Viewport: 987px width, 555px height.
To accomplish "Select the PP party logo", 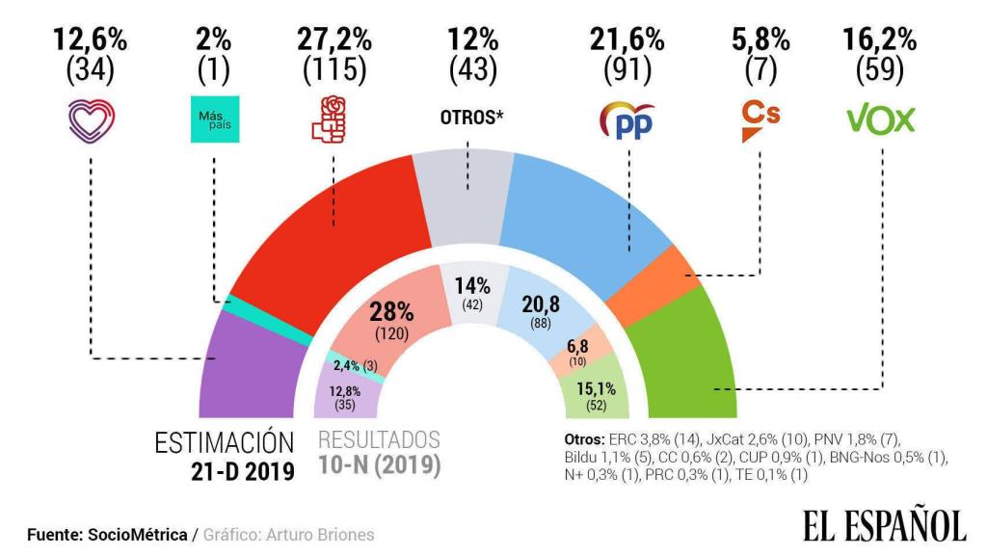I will [627, 120].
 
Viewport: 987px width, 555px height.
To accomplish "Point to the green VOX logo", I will [880, 119].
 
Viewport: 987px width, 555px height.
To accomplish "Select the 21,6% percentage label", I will [627, 40].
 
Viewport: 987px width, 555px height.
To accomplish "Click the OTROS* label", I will [467, 119].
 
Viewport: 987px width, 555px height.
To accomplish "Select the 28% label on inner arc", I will [392, 312].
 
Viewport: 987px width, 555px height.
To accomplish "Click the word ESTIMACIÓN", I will [224, 442].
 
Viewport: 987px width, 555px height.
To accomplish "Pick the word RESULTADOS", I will [379, 440].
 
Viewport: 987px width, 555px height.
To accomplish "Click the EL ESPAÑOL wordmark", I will [883, 524].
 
